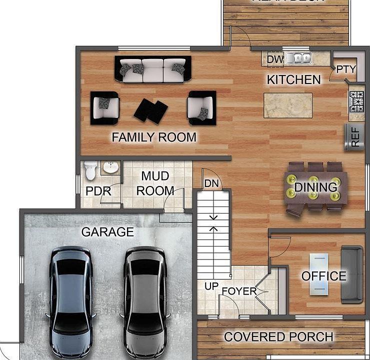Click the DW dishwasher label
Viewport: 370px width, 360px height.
click(275, 59)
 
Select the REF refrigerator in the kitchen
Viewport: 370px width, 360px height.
click(355, 136)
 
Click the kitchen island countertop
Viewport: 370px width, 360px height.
click(287, 105)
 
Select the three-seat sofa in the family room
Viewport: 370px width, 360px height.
click(153, 69)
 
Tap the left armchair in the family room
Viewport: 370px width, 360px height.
click(105, 107)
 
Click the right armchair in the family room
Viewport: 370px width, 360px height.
click(201, 107)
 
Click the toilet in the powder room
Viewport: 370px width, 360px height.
click(90, 171)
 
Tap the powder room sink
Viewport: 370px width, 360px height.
click(110, 167)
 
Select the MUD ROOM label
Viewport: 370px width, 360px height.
click(155, 183)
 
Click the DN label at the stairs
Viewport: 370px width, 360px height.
click(211, 183)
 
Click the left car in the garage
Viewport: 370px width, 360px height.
click(70, 298)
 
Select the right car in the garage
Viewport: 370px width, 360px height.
click(144, 298)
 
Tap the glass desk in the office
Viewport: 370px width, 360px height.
click(318, 274)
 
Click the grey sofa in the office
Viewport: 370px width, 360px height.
click(352, 274)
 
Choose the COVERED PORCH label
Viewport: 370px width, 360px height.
click(278, 336)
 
